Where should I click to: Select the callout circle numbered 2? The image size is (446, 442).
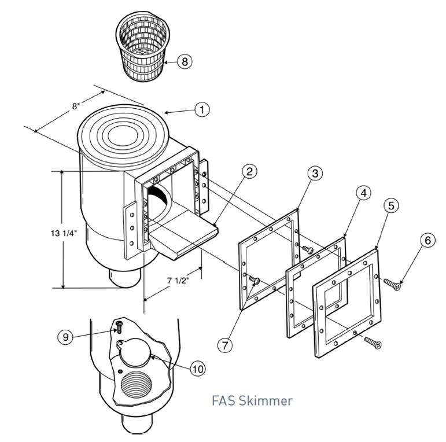point(248,171)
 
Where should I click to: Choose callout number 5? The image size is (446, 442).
point(392,206)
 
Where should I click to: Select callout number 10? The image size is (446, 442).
point(199,367)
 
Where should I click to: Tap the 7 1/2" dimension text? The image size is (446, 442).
point(176,282)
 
